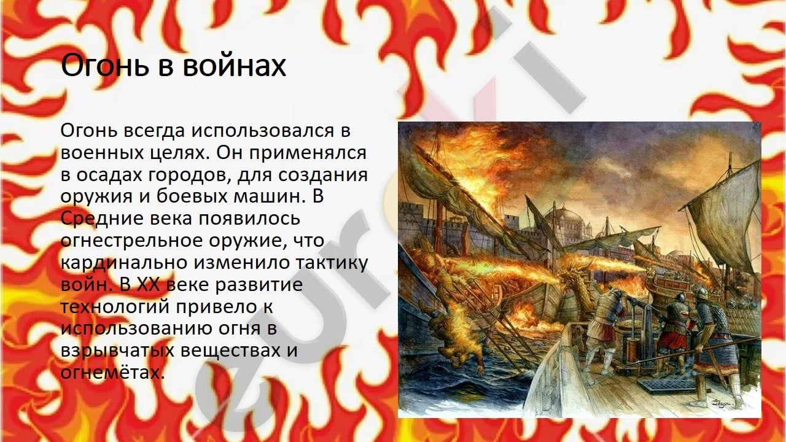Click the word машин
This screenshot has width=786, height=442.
pyautogui.click(x=269, y=197)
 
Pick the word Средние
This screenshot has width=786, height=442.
pyautogui.click(x=102, y=219)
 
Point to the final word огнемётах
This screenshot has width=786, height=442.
pyautogui.click(x=112, y=372)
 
